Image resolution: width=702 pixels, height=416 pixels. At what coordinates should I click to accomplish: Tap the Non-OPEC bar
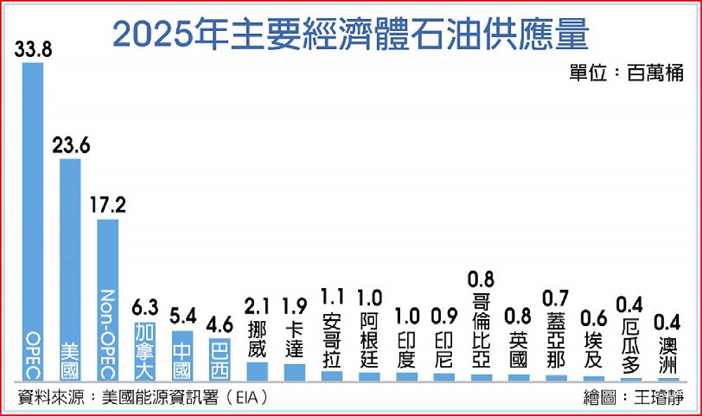pyautogui.click(x=107, y=295)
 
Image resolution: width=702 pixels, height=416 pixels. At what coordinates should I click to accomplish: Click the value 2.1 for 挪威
pyautogui.click(x=257, y=307)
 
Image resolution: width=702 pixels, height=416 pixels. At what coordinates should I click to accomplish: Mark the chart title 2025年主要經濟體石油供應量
pyautogui.click(x=351, y=34)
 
